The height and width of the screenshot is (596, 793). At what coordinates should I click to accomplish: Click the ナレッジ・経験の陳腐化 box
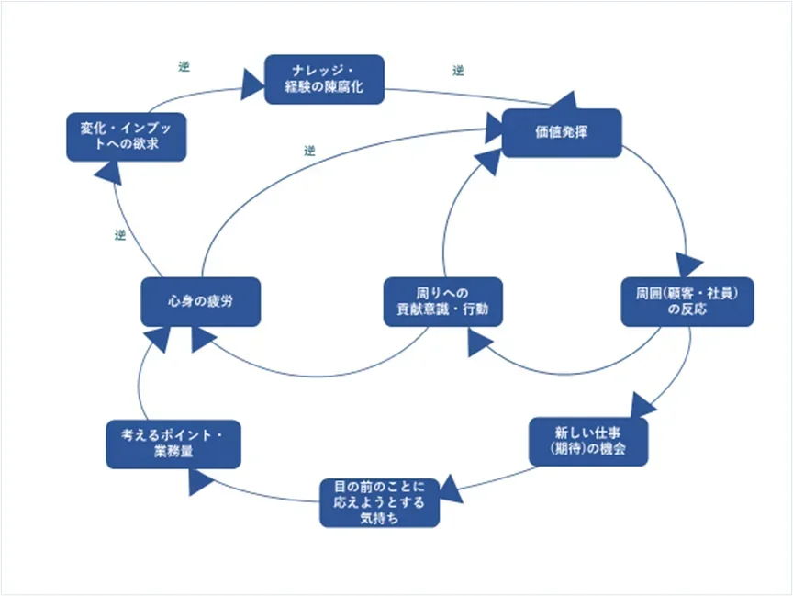[324, 79]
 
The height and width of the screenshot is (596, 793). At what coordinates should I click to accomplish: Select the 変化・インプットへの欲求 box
[127, 136]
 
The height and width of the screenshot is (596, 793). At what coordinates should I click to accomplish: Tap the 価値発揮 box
[562, 133]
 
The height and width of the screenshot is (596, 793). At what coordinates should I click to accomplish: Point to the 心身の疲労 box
[200, 301]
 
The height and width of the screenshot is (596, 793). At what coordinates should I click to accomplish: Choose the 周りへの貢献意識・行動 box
[442, 301]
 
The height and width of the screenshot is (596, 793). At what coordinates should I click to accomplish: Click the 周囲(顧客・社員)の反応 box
[687, 301]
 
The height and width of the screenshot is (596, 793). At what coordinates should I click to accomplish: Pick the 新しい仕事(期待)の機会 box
[588, 441]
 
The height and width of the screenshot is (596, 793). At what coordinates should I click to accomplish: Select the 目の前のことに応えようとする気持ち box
[379, 501]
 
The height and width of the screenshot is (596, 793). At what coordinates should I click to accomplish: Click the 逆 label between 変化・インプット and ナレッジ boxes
[184, 68]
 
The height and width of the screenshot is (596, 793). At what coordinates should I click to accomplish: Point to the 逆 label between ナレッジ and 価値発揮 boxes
[458, 71]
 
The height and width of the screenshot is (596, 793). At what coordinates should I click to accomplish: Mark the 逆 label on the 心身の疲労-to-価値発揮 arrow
[309, 150]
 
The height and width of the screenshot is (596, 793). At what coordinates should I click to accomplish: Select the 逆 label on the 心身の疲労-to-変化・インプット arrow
[119, 235]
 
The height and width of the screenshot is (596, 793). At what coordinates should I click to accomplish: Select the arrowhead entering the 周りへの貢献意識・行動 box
[479, 343]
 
